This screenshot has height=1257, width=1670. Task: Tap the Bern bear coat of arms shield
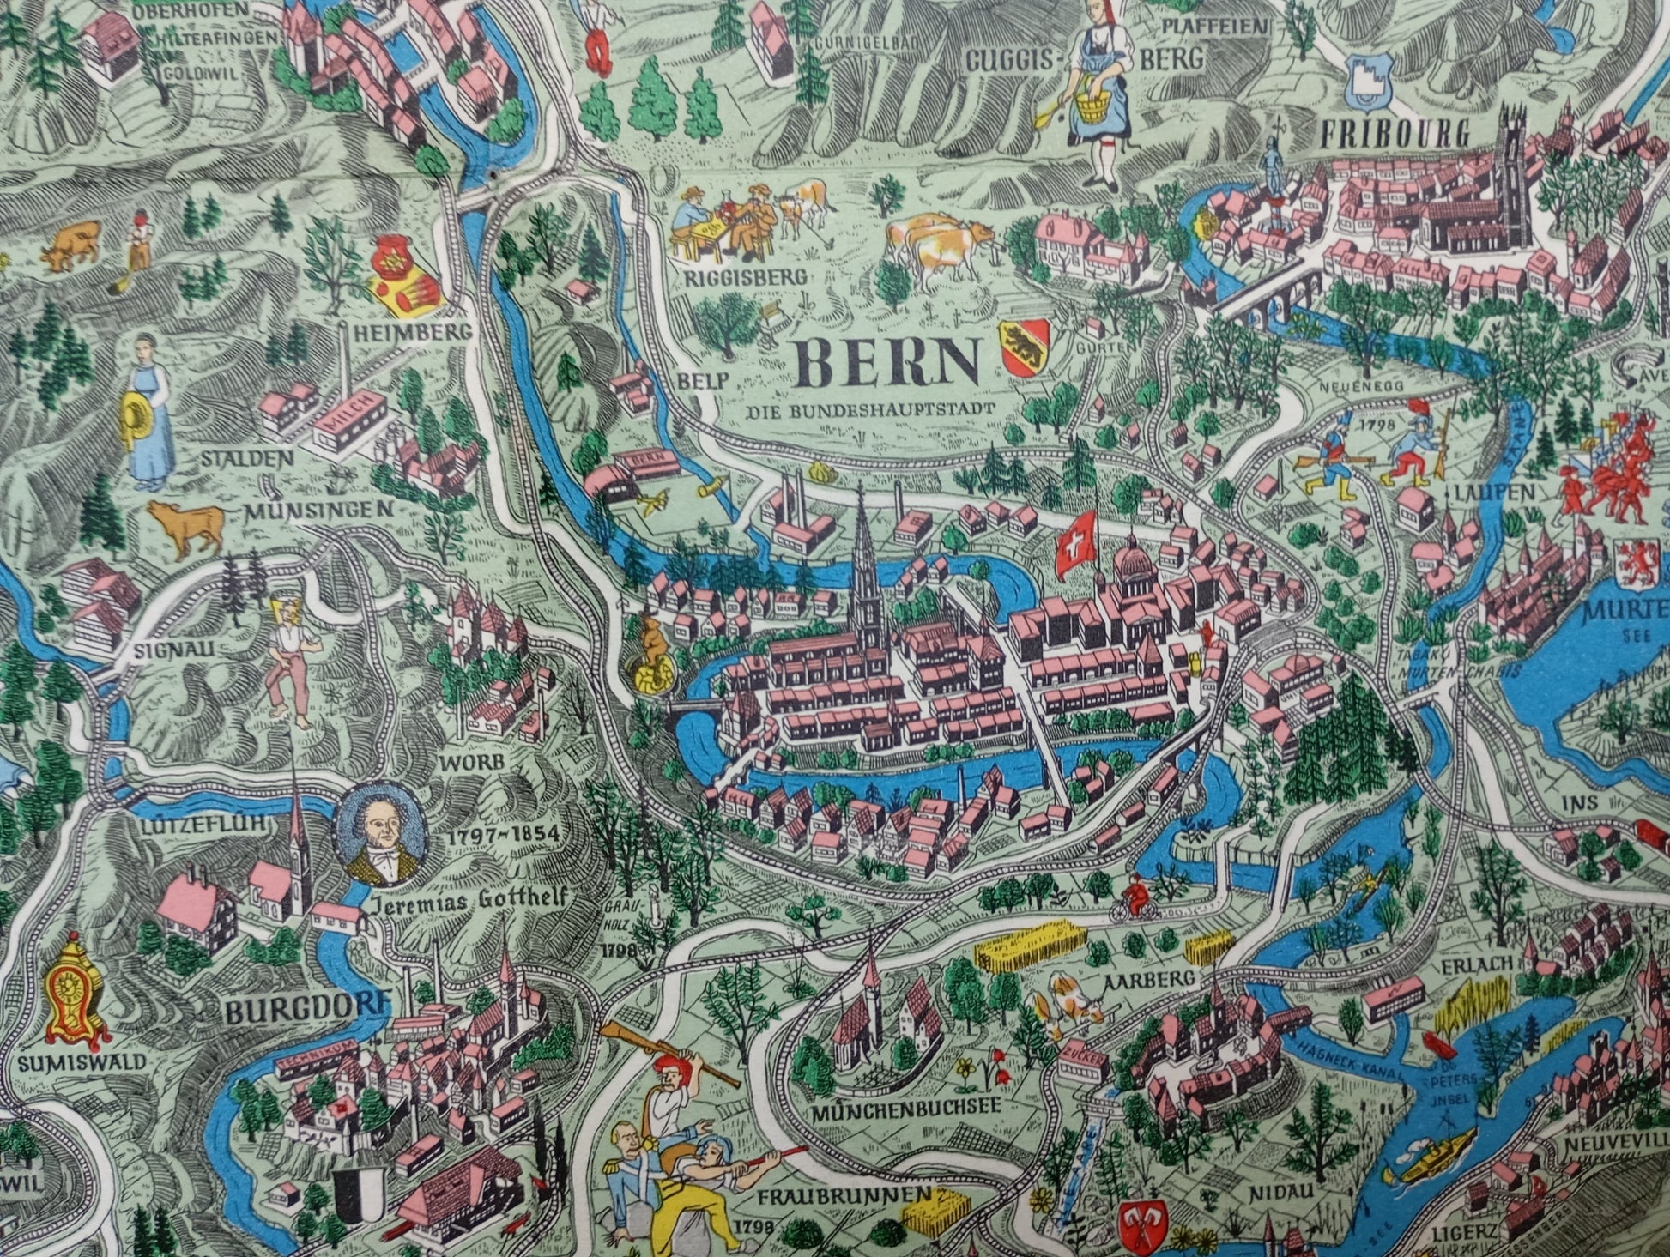pos(1025,347)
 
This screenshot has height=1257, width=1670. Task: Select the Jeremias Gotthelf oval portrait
pos(380,834)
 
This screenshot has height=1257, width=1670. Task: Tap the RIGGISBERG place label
pos(746,277)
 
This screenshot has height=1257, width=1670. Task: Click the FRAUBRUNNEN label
pos(844,1195)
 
